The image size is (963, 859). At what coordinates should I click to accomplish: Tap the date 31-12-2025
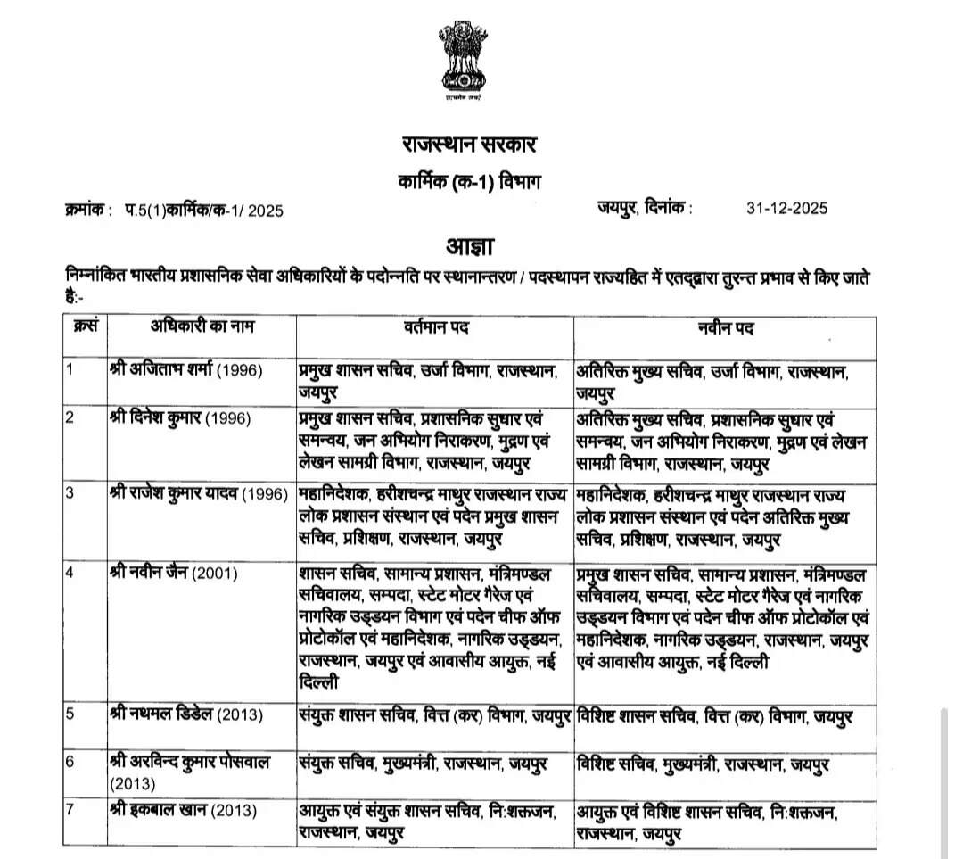[787, 209]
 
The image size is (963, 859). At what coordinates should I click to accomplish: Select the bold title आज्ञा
[470, 246]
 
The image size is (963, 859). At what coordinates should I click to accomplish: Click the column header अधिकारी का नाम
[202, 327]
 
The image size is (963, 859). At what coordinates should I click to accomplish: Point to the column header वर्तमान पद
[436, 327]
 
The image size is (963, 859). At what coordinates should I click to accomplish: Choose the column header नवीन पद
[725, 327]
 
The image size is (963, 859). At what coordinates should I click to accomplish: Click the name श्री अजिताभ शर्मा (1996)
[186, 370]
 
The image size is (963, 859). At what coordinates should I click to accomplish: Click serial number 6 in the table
[70, 762]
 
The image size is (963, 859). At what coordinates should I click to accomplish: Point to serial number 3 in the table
[70, 495]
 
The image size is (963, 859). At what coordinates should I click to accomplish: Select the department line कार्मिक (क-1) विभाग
[469, 181]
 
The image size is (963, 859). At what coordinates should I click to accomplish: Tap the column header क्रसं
[84, 326]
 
